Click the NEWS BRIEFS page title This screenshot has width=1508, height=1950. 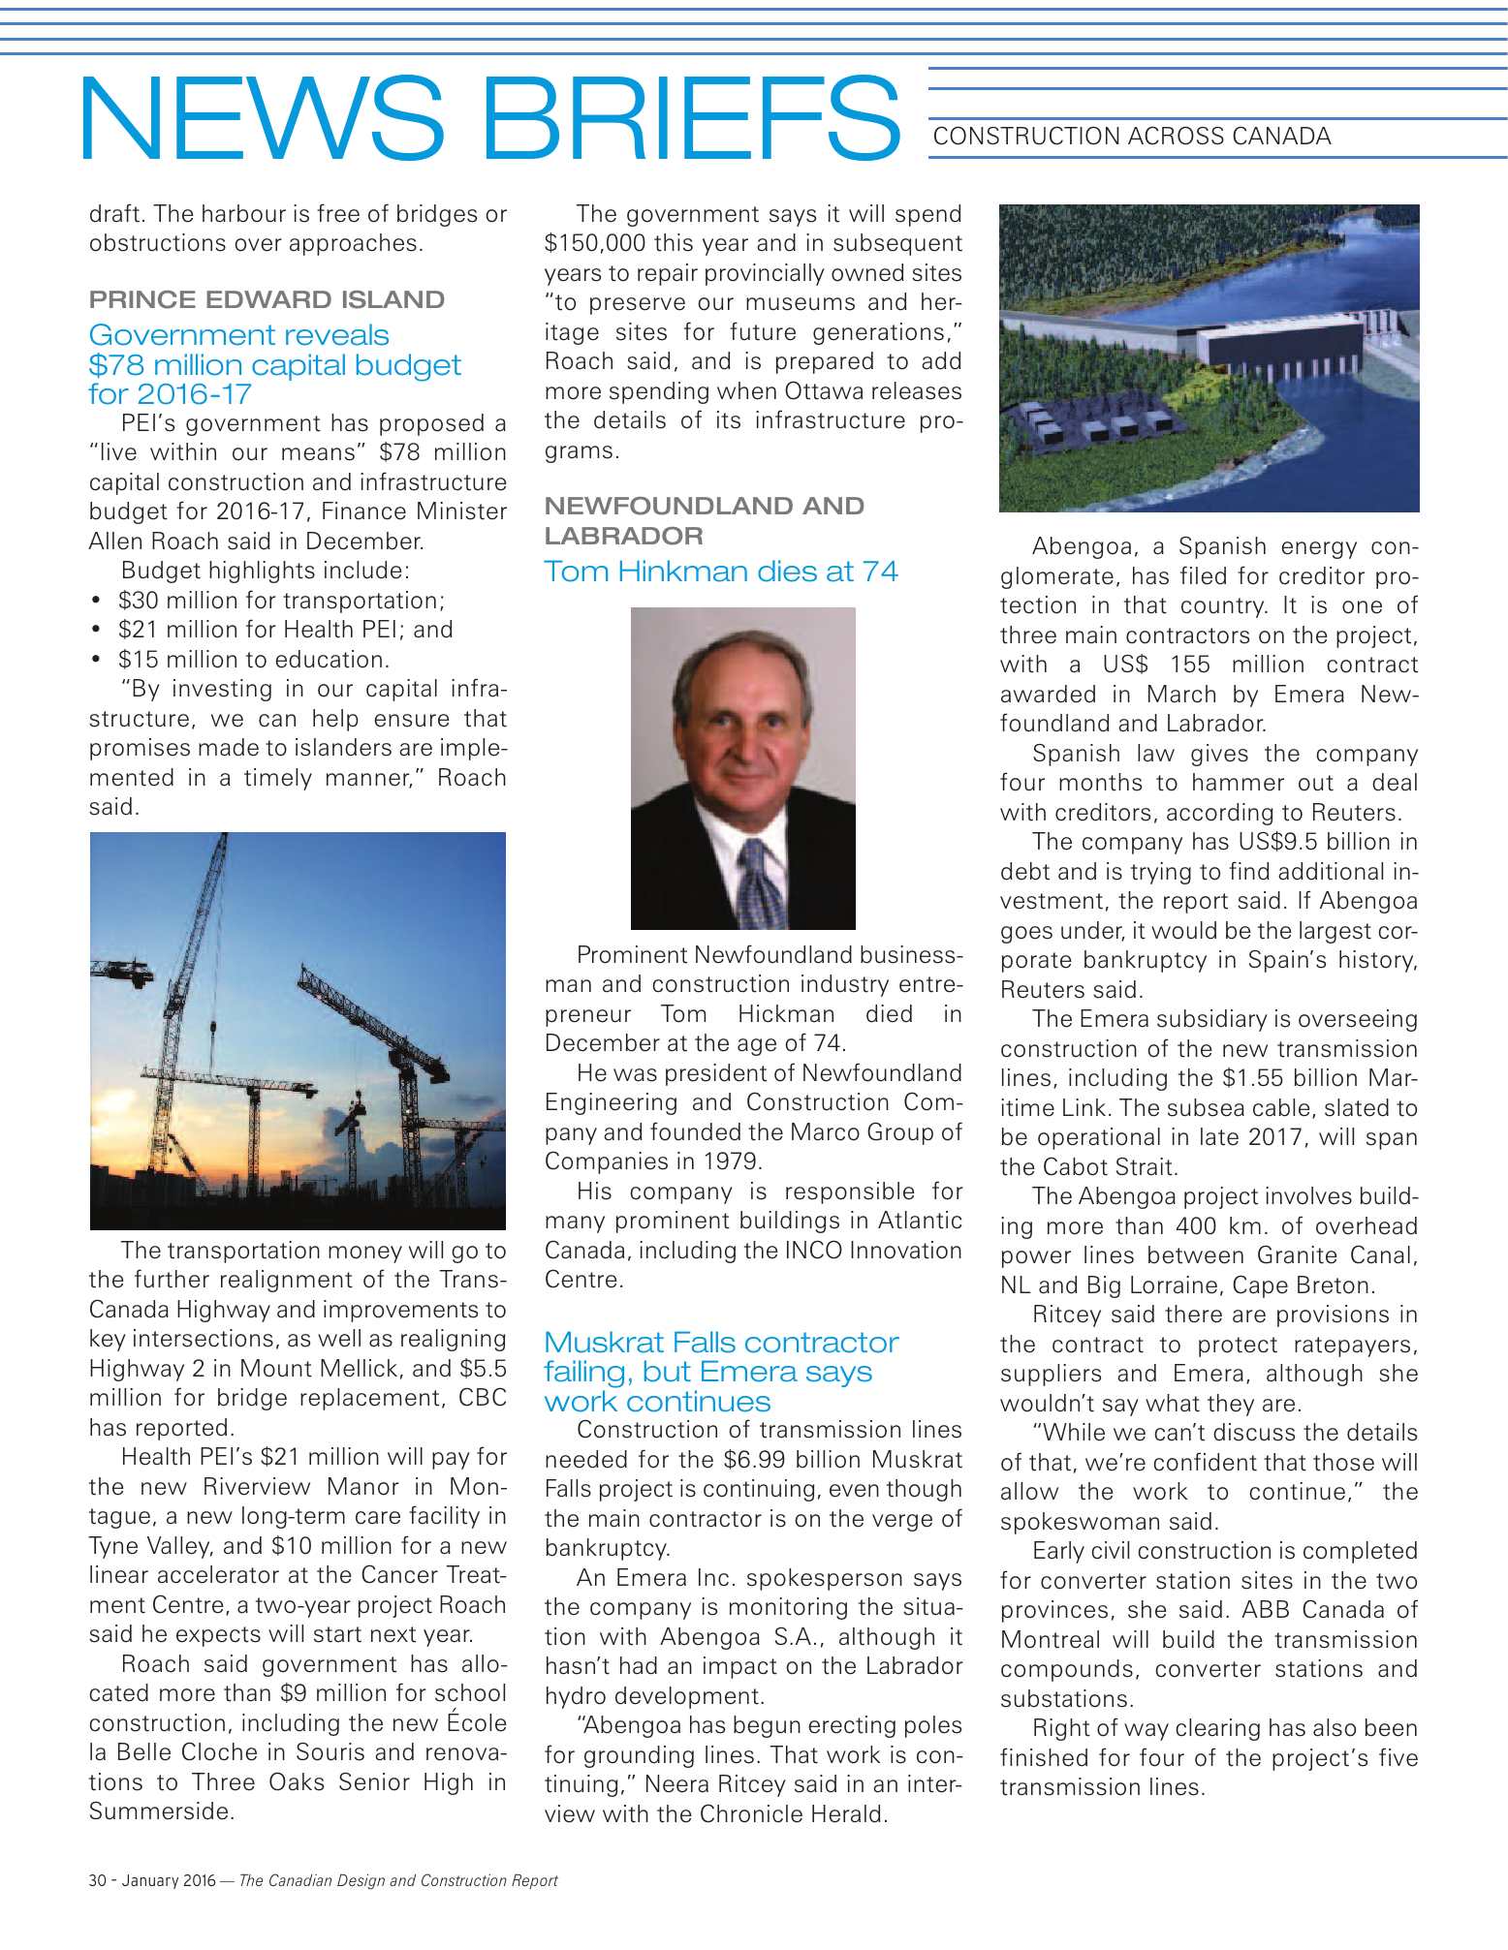(x=489, y=118)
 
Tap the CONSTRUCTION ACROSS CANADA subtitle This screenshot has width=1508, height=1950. (x=1131, y=137)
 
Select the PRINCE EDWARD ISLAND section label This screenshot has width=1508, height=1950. (x=267, y=299)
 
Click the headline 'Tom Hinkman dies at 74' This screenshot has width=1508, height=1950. (x=721, y=572)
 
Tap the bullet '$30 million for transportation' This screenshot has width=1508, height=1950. (x=281, y=601)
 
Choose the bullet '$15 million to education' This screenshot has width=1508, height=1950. (x=253, y=660)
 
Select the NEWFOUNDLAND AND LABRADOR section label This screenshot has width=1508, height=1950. (x=704, y=520)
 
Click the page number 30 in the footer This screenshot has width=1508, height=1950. (x=97, y=1880)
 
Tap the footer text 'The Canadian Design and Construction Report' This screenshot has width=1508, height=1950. (x=398, y=1880)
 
